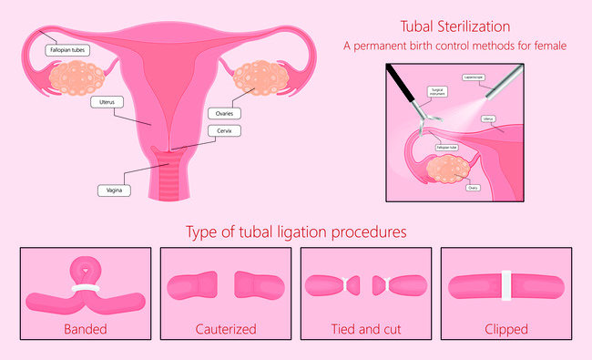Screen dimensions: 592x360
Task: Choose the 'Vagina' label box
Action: [114, 190]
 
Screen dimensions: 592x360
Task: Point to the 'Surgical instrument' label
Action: [440, 93]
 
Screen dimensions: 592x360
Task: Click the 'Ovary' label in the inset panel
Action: [473, 188]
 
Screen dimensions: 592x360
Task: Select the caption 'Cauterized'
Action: [225, 327]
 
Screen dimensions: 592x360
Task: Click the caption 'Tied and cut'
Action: [365, 327]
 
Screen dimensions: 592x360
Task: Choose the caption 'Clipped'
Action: [507, 327]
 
